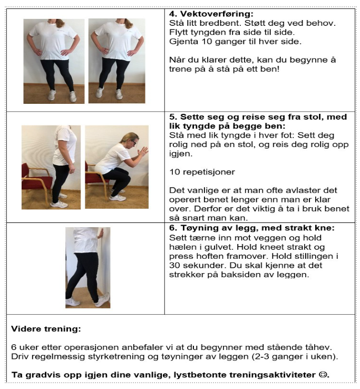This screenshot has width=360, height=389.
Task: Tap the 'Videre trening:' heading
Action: [46, 328]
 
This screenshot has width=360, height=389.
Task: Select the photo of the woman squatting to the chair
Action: [116, 167]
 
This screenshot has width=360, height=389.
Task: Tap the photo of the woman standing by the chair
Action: [51, 167]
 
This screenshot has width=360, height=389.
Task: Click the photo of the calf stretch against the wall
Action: [87, 267]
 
